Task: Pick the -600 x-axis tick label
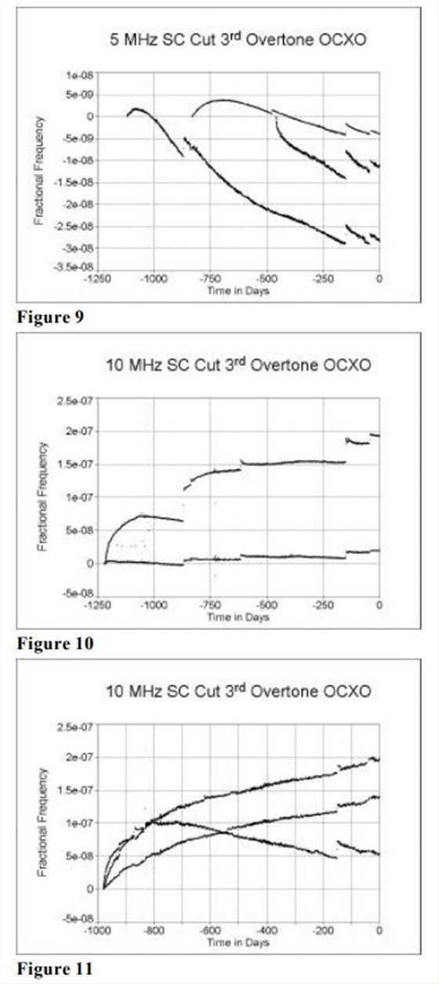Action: pos(210,932)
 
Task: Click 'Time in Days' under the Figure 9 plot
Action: pos(238,288)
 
